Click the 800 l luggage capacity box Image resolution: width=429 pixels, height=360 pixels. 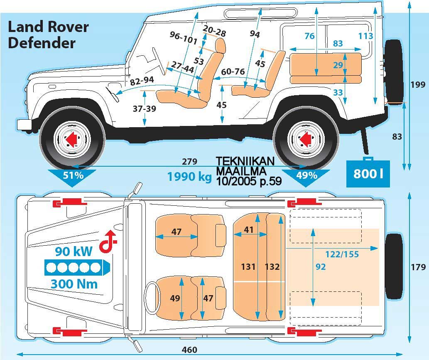pos(368,173)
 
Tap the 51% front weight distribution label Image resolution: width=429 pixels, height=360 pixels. pos(74,175)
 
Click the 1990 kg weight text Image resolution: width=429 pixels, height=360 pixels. pos(189,177)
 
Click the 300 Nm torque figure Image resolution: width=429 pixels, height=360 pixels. pos(74,284)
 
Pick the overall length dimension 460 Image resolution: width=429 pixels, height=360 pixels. pos(189,350)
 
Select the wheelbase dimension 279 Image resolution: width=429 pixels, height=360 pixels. pos(189,161)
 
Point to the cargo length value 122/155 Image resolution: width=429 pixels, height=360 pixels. pos(342,254)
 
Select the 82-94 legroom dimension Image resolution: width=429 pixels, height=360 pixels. pos(142,81)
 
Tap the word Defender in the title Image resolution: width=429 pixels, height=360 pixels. pos(42,43)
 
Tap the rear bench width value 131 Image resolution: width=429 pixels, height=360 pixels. pos(248,267)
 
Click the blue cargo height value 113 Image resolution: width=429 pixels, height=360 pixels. pos(365,36)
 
